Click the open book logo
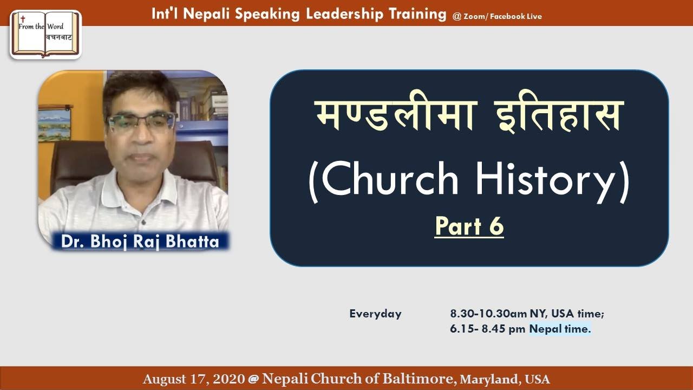45,34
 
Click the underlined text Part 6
469,226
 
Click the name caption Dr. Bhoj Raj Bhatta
140,241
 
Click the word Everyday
375,314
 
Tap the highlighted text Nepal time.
560,329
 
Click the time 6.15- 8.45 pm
488,329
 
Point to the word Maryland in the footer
490,379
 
